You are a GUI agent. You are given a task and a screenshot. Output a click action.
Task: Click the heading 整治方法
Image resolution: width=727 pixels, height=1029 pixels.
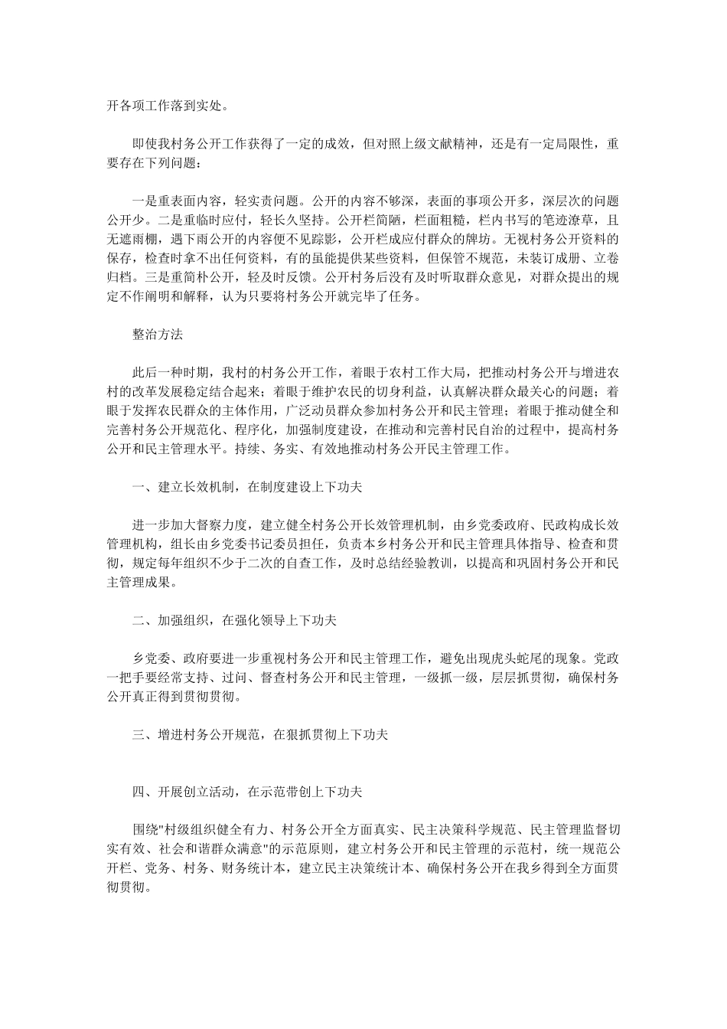point(158,334)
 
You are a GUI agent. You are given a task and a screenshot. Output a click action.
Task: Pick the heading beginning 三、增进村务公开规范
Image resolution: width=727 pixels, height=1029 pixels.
point(260,734)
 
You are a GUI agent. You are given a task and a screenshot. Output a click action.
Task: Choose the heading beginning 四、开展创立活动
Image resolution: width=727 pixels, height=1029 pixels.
point(252,791)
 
